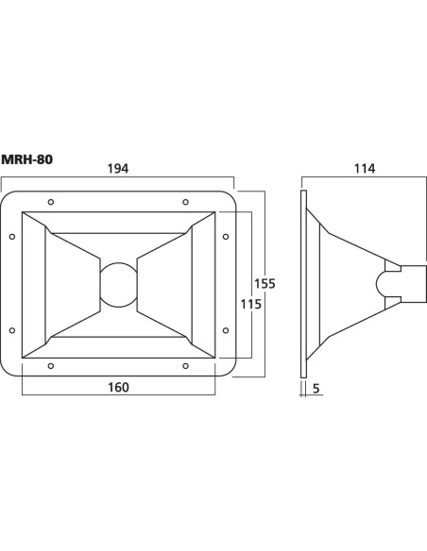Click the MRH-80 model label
(x=27, y=159)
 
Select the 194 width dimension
(x=118, y=169)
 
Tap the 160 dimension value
(x=118, y=387)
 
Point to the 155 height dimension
(x=265, y=283)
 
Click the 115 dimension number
(x=250, y=304)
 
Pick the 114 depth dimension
(x=365, y=169)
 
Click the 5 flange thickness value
(x=316, y=389)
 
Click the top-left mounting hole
(x=51, y=202)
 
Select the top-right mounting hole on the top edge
(x=185, y=202)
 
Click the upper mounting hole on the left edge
(x=12, y=237)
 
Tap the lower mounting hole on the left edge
(x=12, y=330)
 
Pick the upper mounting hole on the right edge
(x=226, y=237)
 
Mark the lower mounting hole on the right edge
(x=226, y=330)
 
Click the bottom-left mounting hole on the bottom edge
(x=51, y=366)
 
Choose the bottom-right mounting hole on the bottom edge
(x=185, y=366)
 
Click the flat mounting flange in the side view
(x=303, y=284)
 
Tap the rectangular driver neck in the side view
(x=414, y=284)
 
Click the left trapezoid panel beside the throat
(x=73, y=285)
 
